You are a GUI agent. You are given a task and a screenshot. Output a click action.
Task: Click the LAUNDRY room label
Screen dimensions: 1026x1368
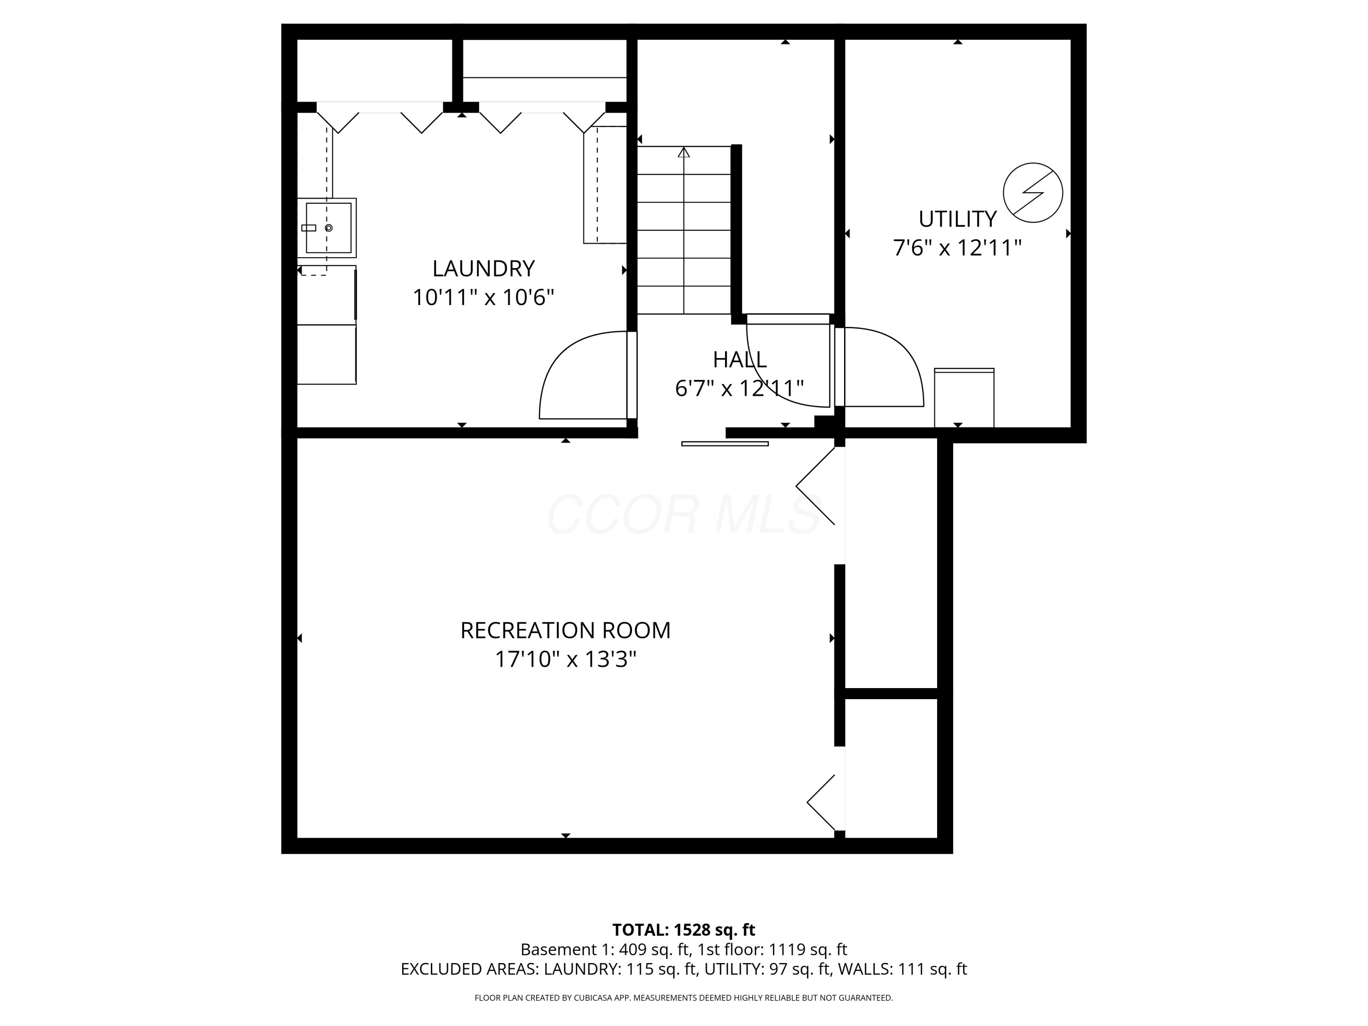[483, 269]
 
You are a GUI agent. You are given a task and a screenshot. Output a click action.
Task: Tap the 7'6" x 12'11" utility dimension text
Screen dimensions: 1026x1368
[957, 248]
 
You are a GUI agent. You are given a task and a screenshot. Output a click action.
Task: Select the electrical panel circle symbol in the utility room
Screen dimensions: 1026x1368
[1032, 193]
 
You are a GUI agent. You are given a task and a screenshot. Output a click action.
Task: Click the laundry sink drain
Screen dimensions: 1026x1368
[328, 228]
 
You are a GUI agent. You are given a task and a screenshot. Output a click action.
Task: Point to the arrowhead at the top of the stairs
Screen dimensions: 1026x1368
[684, 151]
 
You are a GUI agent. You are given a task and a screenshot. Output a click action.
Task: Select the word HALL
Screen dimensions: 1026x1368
[740, 359]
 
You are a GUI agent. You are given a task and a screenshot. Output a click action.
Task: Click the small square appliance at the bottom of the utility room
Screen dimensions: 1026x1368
[964, 398]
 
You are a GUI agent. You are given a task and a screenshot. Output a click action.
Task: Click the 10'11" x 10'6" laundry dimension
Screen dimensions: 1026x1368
[483, 297]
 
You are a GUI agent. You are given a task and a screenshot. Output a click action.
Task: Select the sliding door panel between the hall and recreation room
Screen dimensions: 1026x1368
[725, 443]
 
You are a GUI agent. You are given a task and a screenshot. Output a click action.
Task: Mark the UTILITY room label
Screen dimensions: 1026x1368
[957, 219]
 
